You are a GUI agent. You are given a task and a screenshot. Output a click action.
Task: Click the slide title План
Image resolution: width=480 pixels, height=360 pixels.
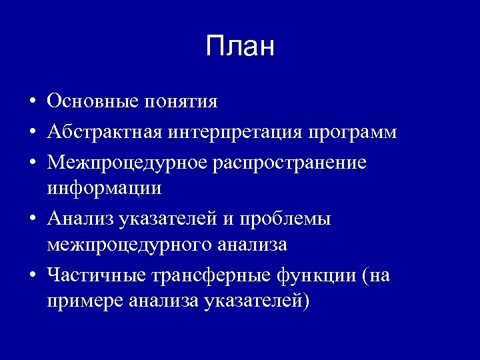240,47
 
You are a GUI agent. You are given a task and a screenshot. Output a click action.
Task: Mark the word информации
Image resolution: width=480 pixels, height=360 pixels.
104,189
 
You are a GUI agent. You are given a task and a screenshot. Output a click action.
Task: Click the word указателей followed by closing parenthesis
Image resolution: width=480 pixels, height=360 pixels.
257,301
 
